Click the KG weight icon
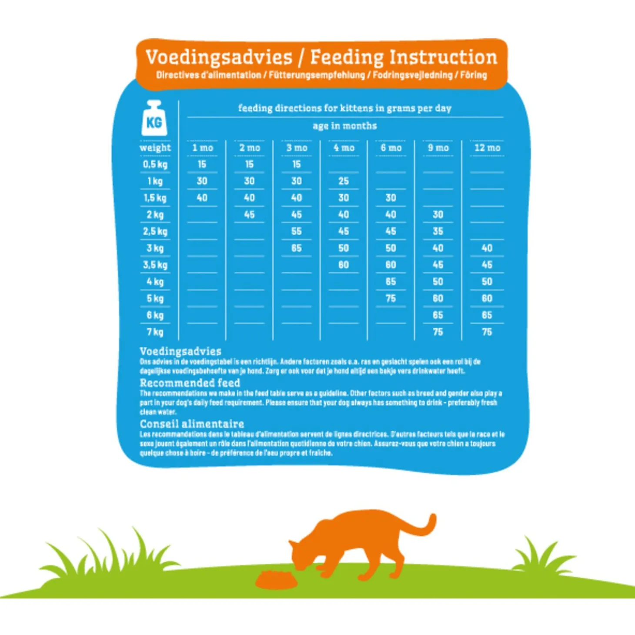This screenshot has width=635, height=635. coord(154,119)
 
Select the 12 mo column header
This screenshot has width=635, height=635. coord(487,148)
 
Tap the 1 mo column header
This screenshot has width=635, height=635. coord(203,148)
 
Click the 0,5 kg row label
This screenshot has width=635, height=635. coord(155,164)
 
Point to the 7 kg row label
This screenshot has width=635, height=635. coord(155,332)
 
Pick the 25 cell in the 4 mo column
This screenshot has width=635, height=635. coord(344,181)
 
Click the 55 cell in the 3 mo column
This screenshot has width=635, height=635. coord(296,231)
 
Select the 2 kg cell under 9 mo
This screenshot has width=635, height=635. coord(438,215)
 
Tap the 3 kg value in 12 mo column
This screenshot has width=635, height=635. coord(487,248)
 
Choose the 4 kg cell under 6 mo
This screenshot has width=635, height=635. coord(391,282)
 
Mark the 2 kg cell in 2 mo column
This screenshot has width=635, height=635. coord(249,215)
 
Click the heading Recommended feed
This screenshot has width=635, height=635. coord(190,383)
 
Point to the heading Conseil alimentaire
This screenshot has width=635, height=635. coord(192,424)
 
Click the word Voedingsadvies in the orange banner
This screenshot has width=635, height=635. coord(219,57)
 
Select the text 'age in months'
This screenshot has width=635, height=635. coord(344,126)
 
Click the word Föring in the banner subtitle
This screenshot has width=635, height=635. coord(474,75)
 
